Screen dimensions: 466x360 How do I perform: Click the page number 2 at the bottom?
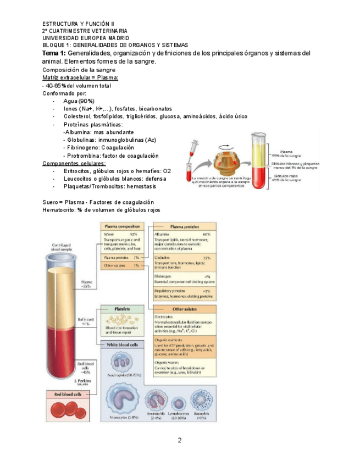coord(179,441)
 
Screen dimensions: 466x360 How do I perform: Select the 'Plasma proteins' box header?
coord(185,226)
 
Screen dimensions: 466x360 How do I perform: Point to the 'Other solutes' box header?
coord(185,308)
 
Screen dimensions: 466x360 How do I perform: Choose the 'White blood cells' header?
coord(122,345)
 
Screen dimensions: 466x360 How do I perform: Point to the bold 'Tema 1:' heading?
coord(54,53)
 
